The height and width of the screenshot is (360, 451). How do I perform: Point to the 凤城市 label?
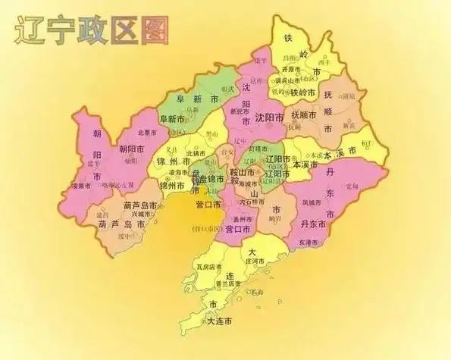[x=312, y=202]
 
